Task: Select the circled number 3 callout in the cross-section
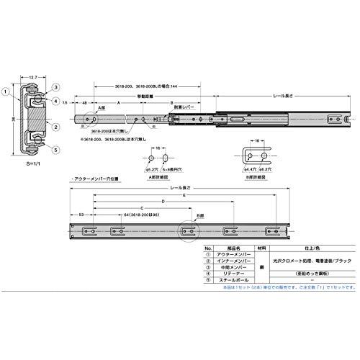pyautogui.click(x=55, y=87)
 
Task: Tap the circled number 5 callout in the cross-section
pyautogui.click(x=55, y=150)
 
